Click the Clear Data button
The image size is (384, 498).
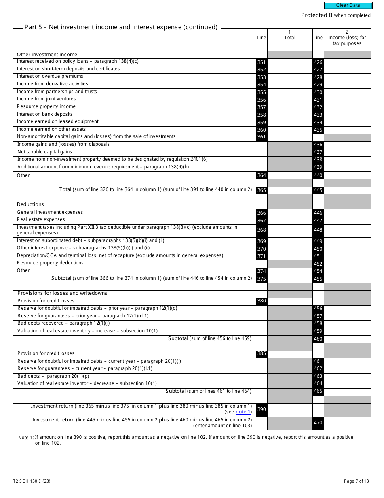tap(348, 6)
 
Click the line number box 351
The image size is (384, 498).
tap(262, 62)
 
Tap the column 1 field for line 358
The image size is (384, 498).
tap(289, 115)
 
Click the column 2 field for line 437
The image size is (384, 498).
tap(347, 152)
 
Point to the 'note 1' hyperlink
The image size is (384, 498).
tap(241, 412)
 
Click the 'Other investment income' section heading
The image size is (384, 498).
tap(47, 55)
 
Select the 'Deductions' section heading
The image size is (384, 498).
tap(30, 205)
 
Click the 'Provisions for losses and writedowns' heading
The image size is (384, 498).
tap(62, 293)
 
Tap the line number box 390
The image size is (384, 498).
tap(262, 409)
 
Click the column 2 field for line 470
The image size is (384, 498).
tap(347, 423)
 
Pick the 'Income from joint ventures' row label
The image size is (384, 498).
tap(46, 99)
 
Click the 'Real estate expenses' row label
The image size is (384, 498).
tap(40, 220)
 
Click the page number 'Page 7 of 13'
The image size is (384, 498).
tap(356, 481)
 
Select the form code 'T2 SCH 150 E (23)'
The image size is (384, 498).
tap(32, 481)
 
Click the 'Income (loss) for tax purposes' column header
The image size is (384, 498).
tap(347, 38)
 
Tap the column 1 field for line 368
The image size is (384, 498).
tap(289, 230)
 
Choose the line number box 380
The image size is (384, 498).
tap(262, 301)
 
